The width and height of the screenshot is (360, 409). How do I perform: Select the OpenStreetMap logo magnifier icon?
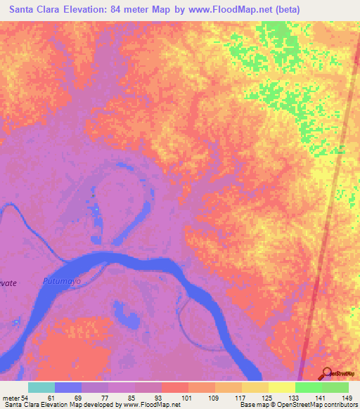[x=326, y=374]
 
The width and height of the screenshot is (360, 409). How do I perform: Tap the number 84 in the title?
[x=141, y=10]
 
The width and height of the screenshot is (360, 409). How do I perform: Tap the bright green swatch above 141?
[x=308, y=387]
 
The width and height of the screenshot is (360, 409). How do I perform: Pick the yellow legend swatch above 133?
[x=281, y=387]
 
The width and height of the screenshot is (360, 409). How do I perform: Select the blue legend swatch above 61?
[x=67, y=387]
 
